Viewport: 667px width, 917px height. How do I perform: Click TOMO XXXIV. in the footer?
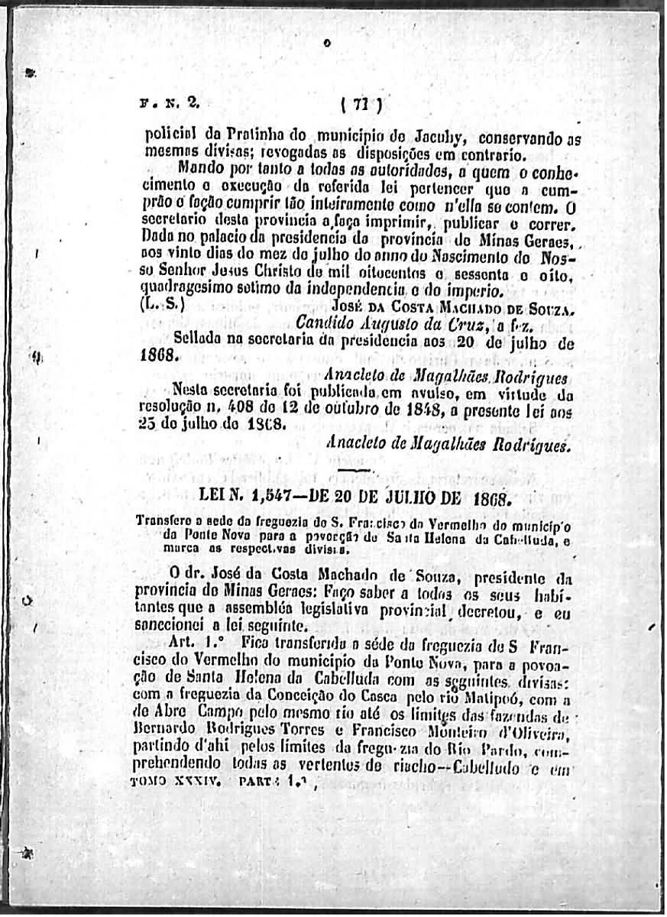176,782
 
